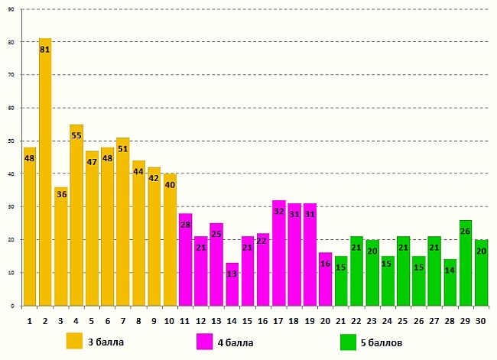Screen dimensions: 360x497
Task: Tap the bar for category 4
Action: [x=76, y=215]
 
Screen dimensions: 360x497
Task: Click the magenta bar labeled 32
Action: [x=279, y=253]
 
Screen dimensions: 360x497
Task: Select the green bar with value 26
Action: [x=466, y=263]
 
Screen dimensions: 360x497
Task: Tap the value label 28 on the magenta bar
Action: [x=186, y=225]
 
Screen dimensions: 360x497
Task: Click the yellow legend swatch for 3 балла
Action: [x=74, y=340]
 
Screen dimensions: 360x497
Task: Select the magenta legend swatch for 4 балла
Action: [x=204, y=340]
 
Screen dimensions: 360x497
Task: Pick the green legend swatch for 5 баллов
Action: [x=348, y=340]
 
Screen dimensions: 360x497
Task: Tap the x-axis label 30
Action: [x=482, y=321]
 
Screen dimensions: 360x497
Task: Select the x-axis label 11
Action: [x=186, y=321]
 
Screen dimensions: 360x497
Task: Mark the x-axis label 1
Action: [x=30, y=321]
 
